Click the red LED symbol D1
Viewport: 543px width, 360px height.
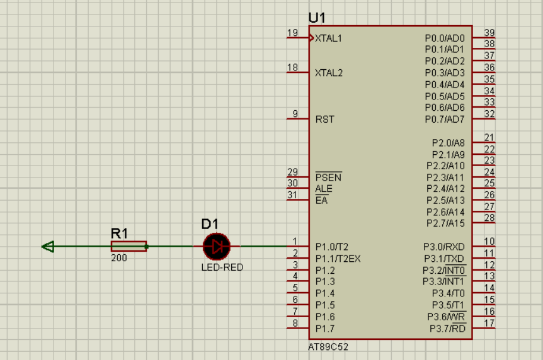pos(217,247)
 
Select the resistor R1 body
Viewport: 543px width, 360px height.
pos(129,247)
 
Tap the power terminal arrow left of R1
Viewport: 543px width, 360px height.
pos(48,247)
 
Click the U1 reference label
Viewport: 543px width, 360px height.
pos(317,18)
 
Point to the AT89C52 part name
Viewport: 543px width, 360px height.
pos(328,347)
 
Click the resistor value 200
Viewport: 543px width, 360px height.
pos(119,258)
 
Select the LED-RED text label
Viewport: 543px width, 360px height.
pos(222,267)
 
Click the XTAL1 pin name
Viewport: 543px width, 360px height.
pos(328,38)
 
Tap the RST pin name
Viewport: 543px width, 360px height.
pos(325,120)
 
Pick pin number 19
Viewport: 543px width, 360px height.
pos(292,33)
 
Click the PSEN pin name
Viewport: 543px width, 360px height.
pos(328,177)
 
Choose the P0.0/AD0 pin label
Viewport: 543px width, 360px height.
pos(445,38)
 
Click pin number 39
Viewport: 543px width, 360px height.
pos(489,33)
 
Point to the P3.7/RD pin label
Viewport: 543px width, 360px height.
pos(447,328)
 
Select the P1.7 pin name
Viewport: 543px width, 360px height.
pos(325,329)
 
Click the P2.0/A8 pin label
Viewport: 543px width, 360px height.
pos(448,143)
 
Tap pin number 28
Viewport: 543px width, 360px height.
pos(489,218)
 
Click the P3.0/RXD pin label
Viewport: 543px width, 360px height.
pos(444,247)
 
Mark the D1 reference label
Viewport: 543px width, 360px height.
pos(210,224)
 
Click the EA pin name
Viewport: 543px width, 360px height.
pos(321,200)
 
